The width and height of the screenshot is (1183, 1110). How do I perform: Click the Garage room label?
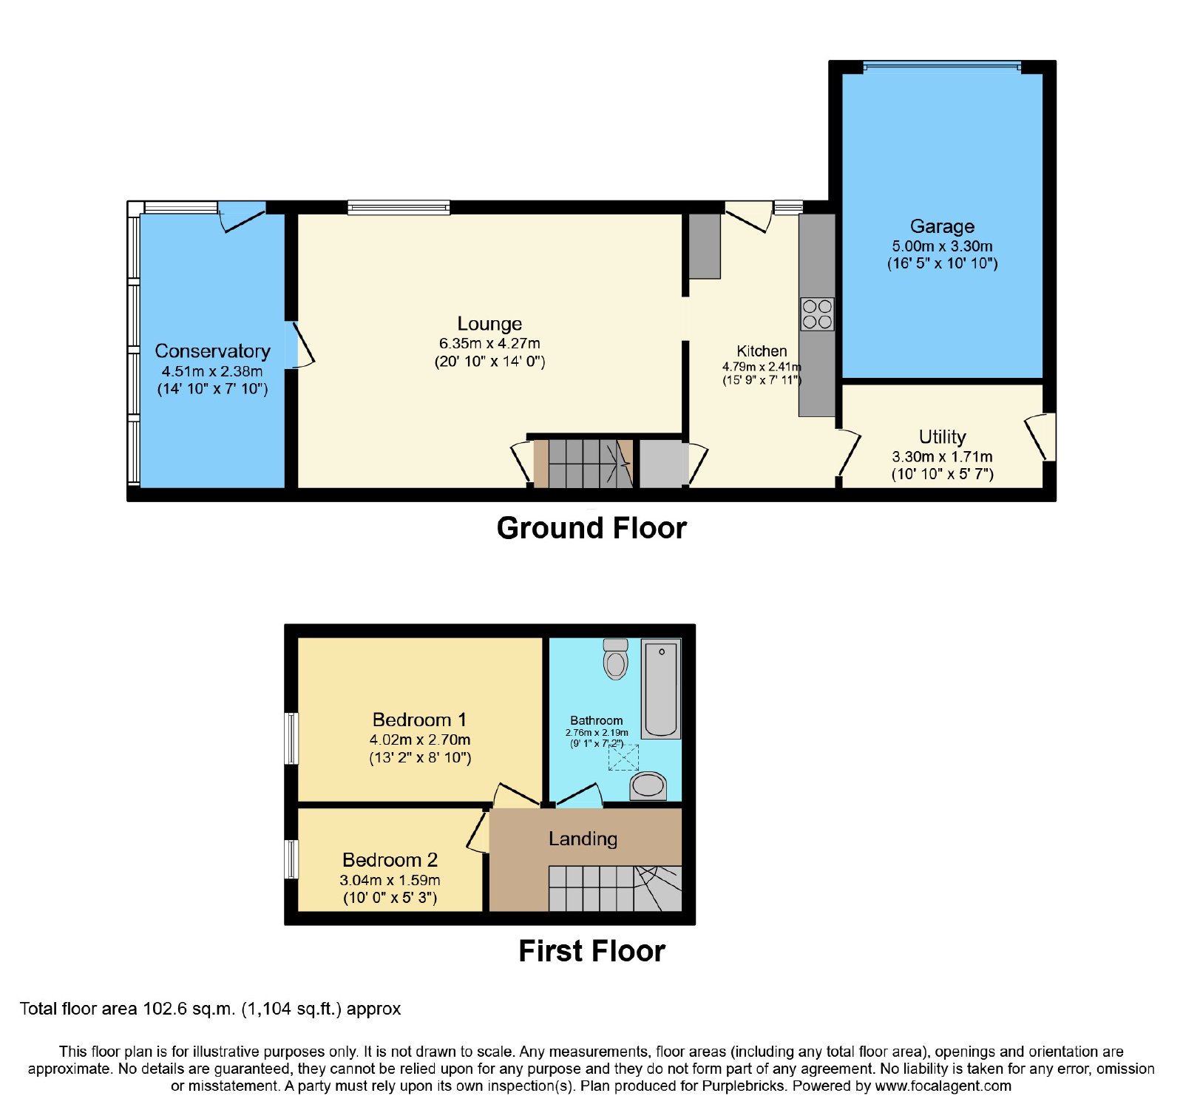click(942, 226)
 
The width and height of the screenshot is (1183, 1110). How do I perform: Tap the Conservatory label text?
click(212, 351)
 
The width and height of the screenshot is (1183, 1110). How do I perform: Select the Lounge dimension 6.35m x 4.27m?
click(489, 343)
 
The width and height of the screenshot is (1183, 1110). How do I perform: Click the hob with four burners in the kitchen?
click(817, 314)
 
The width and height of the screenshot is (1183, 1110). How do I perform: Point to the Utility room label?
click(942, 436)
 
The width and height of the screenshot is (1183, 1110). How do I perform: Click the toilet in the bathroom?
click(616, 659)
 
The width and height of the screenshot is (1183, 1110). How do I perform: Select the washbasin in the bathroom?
click(648, 785)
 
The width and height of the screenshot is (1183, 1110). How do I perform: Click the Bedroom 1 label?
click(419, 720)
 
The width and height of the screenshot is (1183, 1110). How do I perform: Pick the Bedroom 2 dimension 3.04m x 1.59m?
click(390, 880)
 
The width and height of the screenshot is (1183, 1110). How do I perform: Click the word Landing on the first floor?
click(583, 839)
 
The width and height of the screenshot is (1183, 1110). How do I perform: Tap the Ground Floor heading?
click(591, 528)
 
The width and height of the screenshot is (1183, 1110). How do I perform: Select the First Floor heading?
click(591, 951)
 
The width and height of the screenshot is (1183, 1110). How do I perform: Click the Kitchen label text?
click(762, 351)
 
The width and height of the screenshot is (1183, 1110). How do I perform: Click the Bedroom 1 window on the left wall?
click(292, 738)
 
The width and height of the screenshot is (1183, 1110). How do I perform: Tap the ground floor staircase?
click(583, 464)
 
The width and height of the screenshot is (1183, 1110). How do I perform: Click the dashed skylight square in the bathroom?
click(623, 758)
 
